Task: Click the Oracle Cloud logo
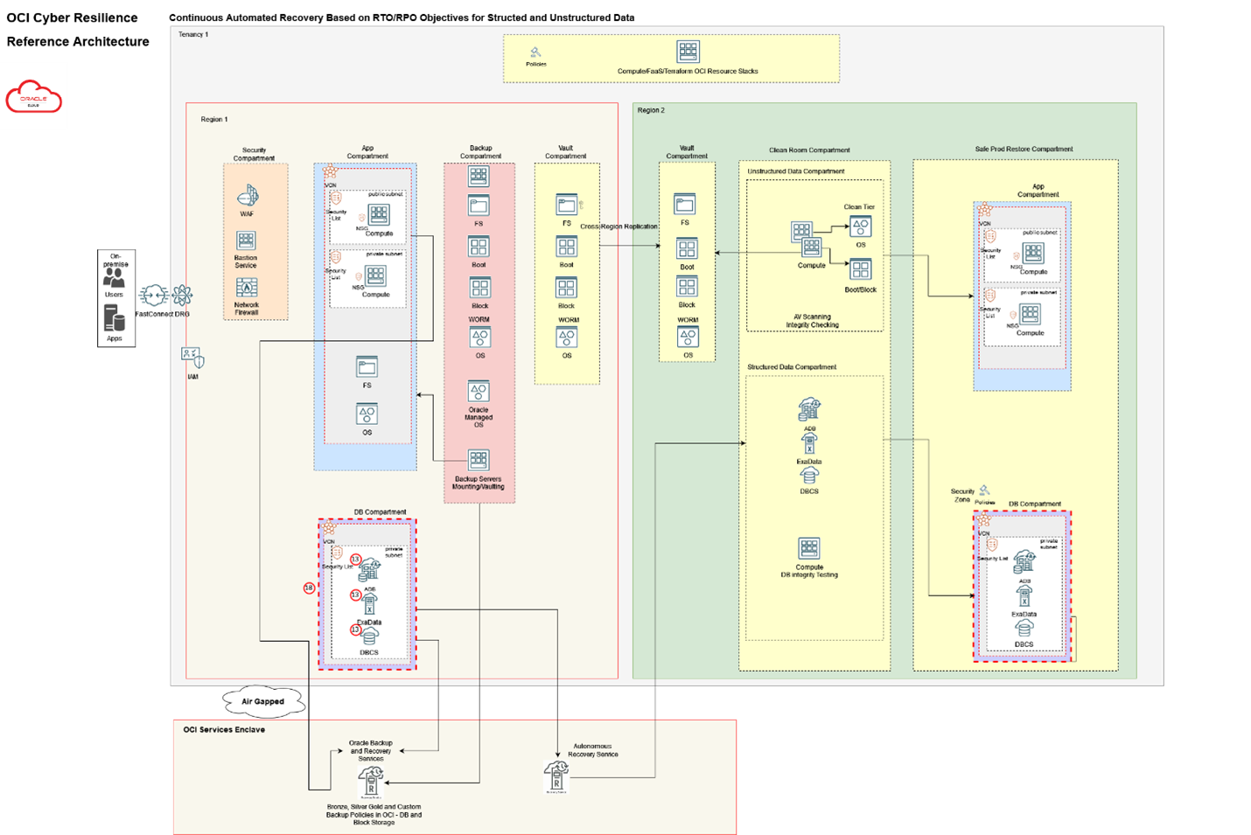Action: (33, 96)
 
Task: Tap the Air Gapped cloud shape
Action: (262, 701)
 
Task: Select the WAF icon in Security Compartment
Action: (248, 196)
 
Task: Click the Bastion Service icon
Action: (246, 240)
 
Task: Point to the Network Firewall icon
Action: (247, 288)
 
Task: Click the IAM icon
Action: (192, 358)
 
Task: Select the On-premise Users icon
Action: (114, 277)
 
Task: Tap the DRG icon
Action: (181, 296)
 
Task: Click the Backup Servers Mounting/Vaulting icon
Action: (479, 460)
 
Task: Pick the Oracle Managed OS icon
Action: (479, 391)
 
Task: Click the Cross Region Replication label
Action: (619, 226)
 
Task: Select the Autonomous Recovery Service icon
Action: (556, 773)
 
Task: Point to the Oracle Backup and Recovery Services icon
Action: (371, 781)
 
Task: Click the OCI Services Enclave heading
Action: (224, 729)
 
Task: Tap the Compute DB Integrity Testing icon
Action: (809, 548)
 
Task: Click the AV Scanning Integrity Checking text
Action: (812, 321)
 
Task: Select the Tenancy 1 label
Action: (193, 35)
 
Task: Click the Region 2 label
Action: (651, 110)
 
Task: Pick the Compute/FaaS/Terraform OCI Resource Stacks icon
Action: (688, 52)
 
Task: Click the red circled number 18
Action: (309, 588)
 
